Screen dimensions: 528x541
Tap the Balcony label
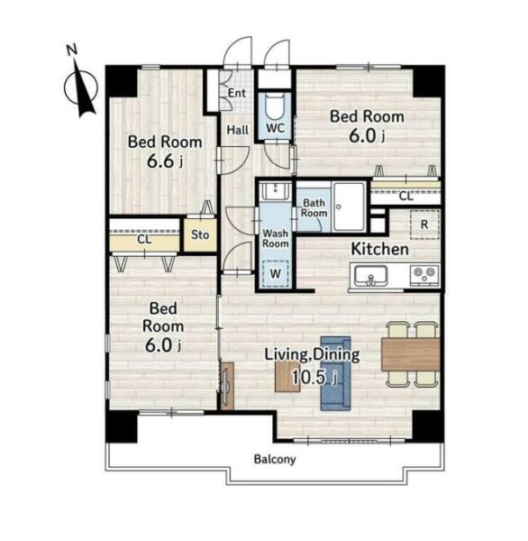point(275,460)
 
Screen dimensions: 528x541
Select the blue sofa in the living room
point(335,373)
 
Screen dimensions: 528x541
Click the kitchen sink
point(371,277)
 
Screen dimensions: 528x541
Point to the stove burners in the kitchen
point(424,275)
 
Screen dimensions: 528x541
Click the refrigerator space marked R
point(424,225)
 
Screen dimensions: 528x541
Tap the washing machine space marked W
point(275,274)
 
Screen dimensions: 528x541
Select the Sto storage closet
point(200,235)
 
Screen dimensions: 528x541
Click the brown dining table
point(410,354)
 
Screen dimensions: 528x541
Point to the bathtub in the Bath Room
point(349,206)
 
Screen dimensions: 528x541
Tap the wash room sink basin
point(276,191)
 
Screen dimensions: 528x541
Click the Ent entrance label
point(237,93)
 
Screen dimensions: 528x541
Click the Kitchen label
point(379,249)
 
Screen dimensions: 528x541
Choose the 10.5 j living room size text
point(314,377)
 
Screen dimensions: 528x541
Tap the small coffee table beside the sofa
point(287,377)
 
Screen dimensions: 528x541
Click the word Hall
point(238,130)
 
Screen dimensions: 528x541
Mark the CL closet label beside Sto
point(144,240)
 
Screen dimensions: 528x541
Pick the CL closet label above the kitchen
point(405,197)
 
